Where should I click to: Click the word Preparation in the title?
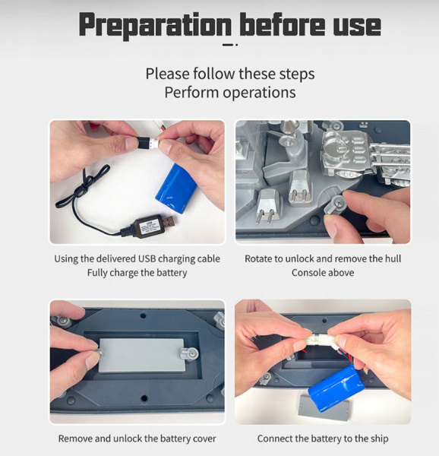click(x=156, y=25)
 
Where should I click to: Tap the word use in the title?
click(x=357, y=26)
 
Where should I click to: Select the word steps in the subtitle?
click(x=297, y=74)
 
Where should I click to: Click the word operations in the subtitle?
click(x=259, y=93)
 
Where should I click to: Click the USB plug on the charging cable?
click(x=167, y=222)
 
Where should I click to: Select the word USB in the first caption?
click(x=147, y=258)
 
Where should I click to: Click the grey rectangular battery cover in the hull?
click(x=141, y=356)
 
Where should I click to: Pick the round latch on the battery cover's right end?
click(x=190, y=354)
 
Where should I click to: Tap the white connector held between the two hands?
click(x=319, y=339)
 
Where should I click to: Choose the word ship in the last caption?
click(x=377, y=439)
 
